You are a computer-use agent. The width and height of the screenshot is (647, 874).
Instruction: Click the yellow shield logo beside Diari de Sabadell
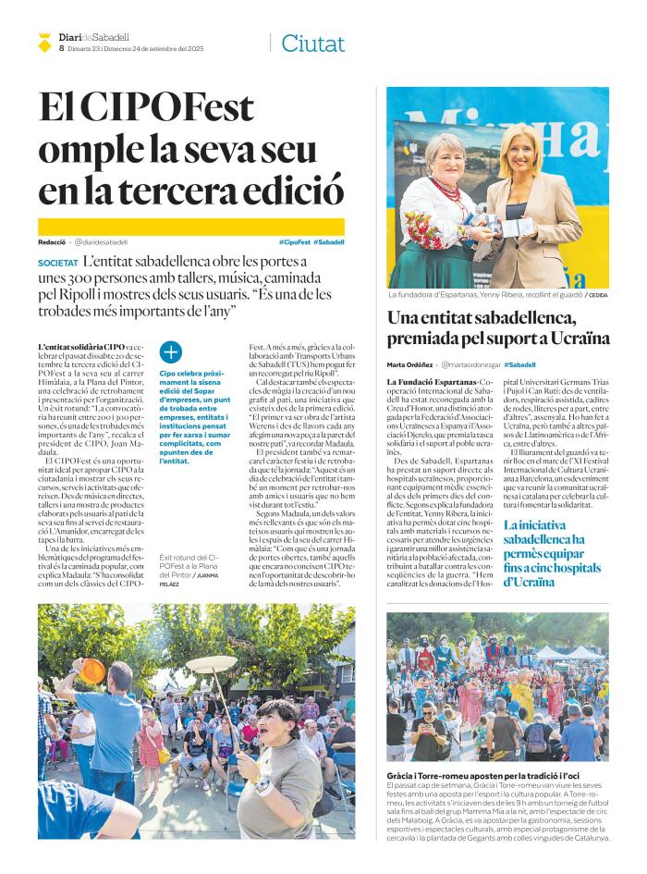click(x=44, y=43)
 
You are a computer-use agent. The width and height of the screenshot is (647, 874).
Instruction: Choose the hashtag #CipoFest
click(x=293, y=241)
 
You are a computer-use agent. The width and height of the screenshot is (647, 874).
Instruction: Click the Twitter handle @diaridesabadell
click(x=102, y=241)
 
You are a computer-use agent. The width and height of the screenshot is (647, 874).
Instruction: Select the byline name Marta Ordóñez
click(x=409, y=364)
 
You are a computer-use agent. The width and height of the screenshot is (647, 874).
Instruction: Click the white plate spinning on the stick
click(x=211, y=664)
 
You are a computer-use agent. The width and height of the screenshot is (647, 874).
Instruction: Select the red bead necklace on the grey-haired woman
click(x=447, y=190)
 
